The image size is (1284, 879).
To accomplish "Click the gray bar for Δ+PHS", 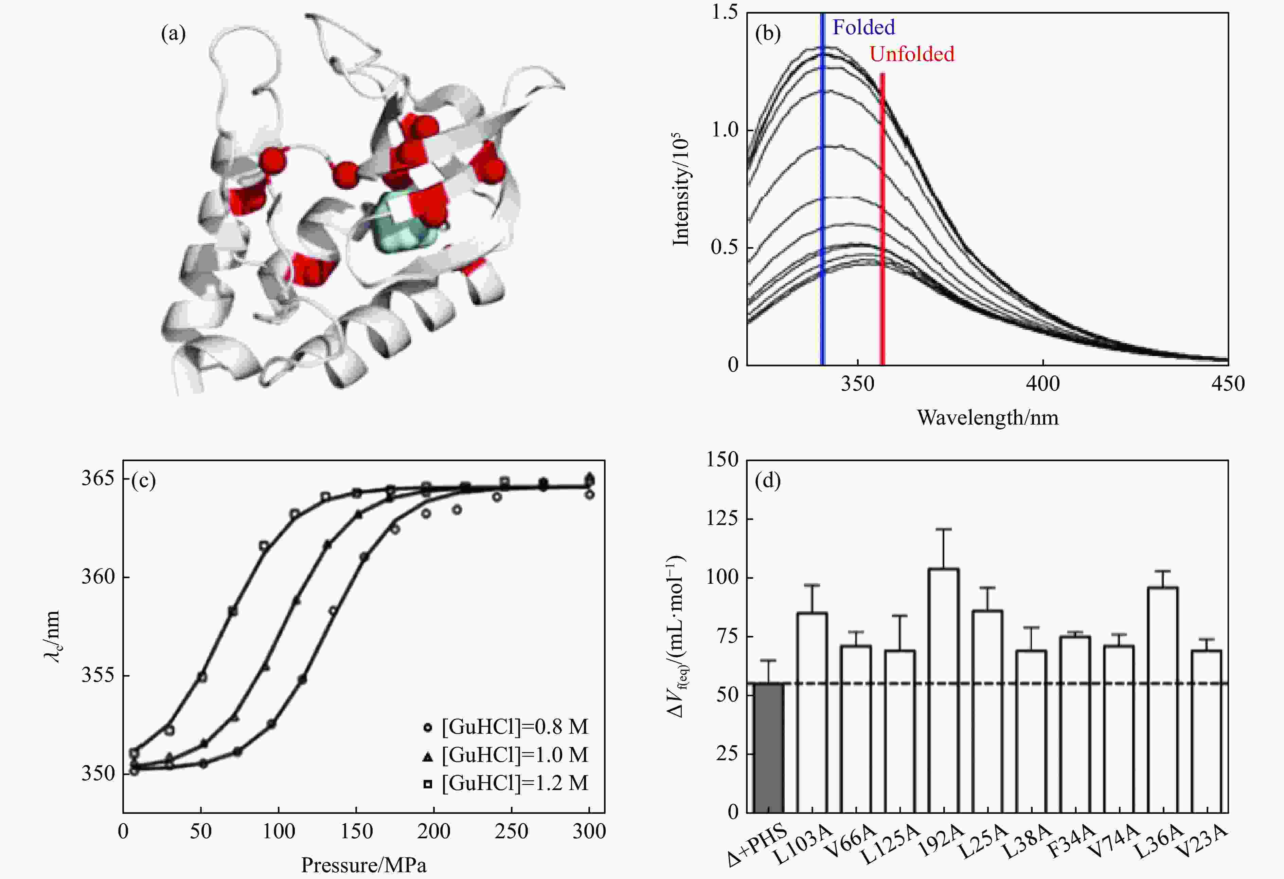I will click(768, 748).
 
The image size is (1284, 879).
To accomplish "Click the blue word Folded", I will click(863, 27).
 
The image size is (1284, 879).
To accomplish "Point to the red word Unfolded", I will click(912, 54).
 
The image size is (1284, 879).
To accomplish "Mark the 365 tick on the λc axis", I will click(99, 478).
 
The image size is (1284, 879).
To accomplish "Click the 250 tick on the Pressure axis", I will click(511, 831).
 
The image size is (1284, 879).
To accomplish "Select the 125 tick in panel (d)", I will click(722, 519).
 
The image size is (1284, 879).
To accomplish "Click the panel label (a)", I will click(173, 34).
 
